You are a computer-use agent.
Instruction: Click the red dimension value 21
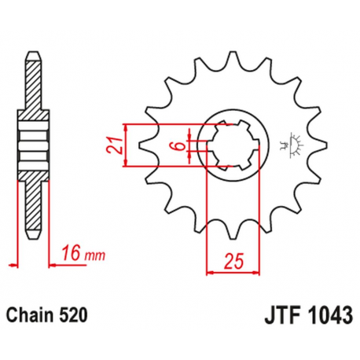point(114,145)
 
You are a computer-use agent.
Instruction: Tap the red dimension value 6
point(180,145)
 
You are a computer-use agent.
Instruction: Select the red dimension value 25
point(233,261)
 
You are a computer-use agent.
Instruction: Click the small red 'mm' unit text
point(94,255)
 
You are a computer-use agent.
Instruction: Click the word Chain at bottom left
point(30,315)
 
